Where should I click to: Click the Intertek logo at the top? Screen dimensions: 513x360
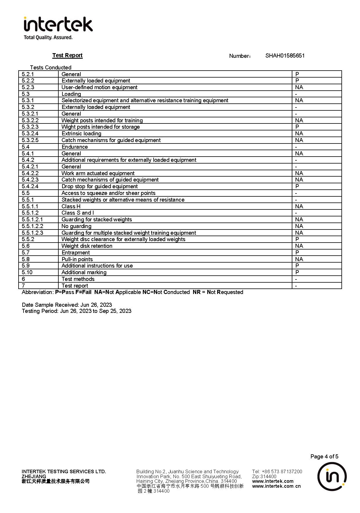click(58, 24)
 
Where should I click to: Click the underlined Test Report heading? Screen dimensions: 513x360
click(67, 55)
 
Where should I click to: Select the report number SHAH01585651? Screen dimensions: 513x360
click(285, 56)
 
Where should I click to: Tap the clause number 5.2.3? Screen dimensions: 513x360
click(28, 87)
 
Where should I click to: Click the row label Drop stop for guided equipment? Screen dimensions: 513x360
click(100, 186)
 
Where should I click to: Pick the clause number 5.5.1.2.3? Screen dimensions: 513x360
click(33, 233)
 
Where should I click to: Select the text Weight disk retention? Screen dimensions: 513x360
click(87, 246)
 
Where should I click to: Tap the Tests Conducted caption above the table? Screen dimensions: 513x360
click(51, 67)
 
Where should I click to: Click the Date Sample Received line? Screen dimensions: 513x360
click(67, 305)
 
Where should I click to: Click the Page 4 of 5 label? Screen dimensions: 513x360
click(324, 456)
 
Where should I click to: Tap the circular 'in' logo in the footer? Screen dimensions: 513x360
click(332, 476)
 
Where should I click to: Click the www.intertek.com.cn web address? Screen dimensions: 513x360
click(276, 486)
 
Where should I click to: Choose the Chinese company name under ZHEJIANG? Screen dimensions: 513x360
click(55, 481)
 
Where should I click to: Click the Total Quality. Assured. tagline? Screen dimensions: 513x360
click(48, 37)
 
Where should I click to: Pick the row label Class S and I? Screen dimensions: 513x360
click(78, 213)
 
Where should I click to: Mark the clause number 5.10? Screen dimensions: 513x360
click(27, 272)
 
